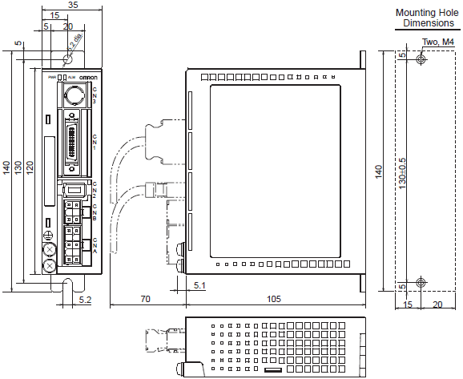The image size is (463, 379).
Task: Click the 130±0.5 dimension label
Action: [x=403, y=171]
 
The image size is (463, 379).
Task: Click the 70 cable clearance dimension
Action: [x=147, y=298]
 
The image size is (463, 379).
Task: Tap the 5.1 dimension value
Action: [x=199, y=284]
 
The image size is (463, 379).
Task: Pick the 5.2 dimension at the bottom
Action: [x=86, y=299]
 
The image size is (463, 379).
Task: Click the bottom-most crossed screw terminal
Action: [x=50, y=264]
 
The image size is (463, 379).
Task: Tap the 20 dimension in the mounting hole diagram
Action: [x=437, y=304]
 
